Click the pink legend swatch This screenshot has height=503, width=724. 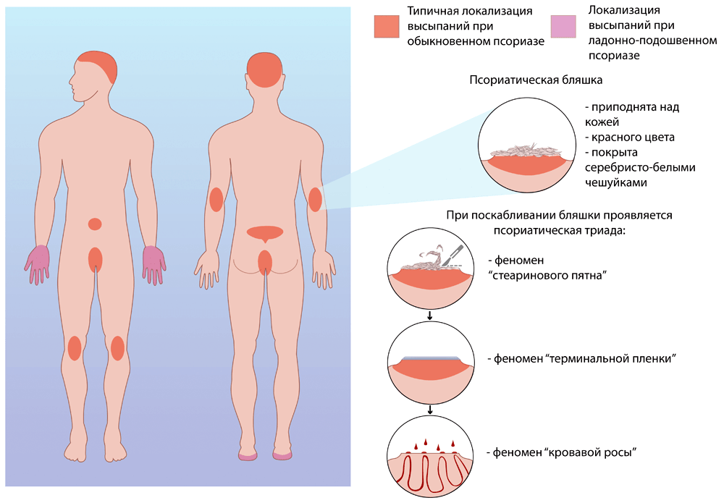[563, 26]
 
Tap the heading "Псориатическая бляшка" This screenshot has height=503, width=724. [536, 79]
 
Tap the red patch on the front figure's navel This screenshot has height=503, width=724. [95, 224]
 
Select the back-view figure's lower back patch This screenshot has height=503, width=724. [265, 233]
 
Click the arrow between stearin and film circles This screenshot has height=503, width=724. [431, 316]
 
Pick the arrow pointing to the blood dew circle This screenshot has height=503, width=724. [431, 411]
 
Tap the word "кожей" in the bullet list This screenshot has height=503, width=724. [600, 122]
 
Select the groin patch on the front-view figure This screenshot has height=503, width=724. [95, 259]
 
